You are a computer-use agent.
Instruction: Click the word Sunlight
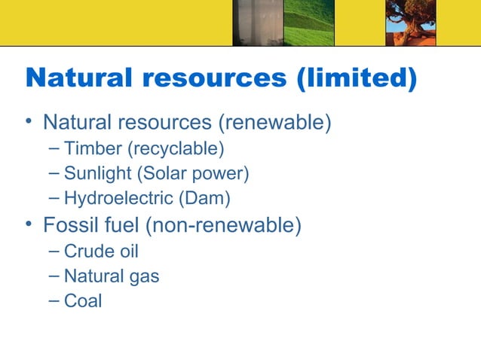(97, 174)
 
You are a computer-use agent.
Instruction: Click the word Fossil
(70, 225)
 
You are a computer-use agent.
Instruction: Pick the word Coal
(83, 302)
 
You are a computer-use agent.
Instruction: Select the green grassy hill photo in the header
(308, 23)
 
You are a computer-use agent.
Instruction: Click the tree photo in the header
(411, 23)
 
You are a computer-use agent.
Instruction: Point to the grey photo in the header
(256, 23)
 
